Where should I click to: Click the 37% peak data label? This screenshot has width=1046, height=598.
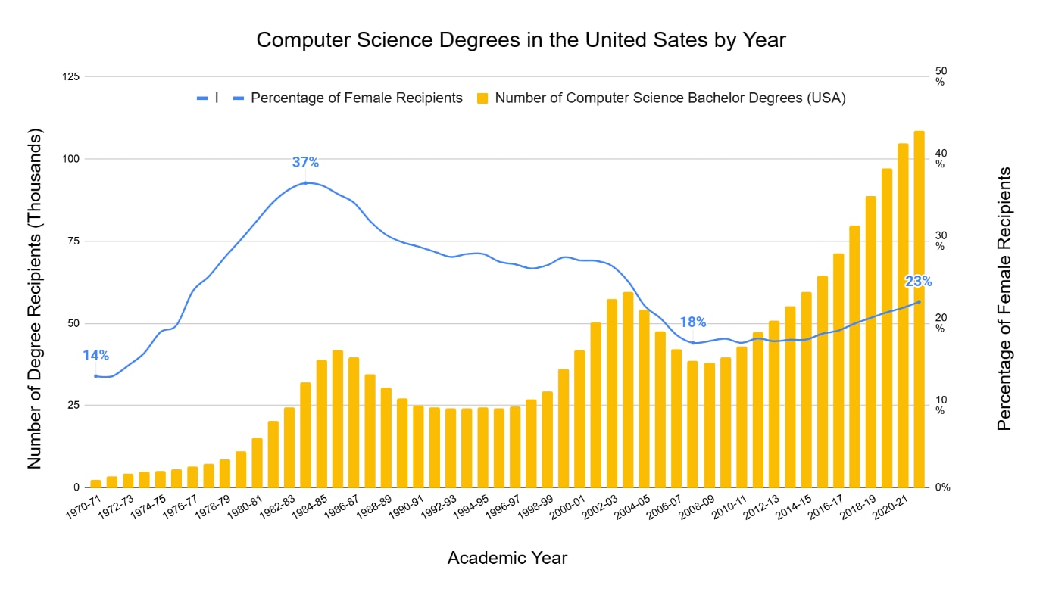point(305,162)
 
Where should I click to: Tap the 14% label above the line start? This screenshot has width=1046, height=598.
point(95,355)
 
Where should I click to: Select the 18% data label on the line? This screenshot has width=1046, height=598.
point(692,322)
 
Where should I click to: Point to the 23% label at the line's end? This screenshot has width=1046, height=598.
point(918,282)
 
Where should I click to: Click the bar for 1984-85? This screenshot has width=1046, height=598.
point(321,423)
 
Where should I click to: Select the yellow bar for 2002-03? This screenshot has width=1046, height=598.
point(612,393)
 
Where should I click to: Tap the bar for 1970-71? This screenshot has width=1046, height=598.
point(95,483)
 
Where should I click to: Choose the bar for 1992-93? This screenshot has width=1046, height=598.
point(451,447)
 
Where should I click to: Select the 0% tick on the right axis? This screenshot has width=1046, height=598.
point(941,487)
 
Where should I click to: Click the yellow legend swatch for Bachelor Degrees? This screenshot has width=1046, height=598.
point(482,98)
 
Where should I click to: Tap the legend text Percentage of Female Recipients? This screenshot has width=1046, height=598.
point(356,98)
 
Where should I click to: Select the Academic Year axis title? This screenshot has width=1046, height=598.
point(507,558)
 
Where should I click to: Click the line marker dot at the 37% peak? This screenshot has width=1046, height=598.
point(305,183)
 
